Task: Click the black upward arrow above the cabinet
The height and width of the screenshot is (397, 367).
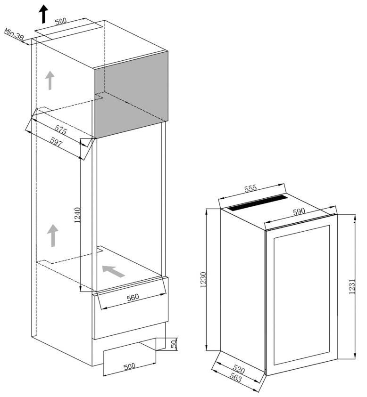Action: [x=43, y=14]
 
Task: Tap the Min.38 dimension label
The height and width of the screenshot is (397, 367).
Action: [x=14, y=34]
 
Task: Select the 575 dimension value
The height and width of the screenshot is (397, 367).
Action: [x=60, y=130]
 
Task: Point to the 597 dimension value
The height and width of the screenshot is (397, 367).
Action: [x=56, y=142]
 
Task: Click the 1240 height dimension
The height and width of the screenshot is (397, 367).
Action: [x=77, y=215]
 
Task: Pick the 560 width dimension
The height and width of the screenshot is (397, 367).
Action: [x=133, y=297]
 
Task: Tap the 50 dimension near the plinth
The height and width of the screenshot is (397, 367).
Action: [x=174, y=344]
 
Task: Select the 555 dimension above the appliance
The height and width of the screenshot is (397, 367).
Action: [x=250, y=189]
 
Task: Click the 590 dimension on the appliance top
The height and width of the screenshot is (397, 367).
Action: [x=299, y=211]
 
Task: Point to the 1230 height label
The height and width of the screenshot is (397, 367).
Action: [x=203, y=280]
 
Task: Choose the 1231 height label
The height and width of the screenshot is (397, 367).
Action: [x=352, y=286]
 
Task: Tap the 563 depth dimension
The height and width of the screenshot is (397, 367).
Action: [x=235, y=378]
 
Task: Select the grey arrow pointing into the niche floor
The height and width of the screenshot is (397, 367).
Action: [x=113, y=271]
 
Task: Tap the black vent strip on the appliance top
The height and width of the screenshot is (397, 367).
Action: [x=257, y=203]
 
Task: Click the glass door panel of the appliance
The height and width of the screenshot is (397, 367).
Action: [x=301, y=295]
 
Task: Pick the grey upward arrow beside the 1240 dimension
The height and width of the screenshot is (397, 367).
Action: [x=53, y=235]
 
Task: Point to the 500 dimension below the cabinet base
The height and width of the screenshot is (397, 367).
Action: [x=129, y=366]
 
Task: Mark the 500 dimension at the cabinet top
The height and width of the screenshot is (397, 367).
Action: [x=61, y=21]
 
